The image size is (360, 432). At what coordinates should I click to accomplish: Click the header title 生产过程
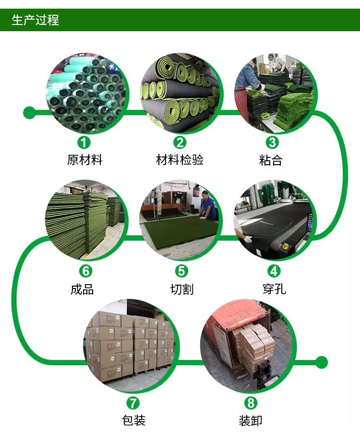35,20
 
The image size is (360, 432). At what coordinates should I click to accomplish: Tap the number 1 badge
84,142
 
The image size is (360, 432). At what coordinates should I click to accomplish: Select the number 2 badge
180,142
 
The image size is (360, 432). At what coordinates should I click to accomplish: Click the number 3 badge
272,142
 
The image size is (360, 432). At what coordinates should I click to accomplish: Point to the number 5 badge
181,271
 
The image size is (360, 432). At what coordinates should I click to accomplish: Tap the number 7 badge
133,403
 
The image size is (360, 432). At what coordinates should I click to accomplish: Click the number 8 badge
250,403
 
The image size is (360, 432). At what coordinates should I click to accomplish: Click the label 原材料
85,160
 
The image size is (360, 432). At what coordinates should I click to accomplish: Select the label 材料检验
180,160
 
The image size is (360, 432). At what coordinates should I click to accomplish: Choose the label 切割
182,289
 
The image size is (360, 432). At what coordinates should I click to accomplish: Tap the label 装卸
251,420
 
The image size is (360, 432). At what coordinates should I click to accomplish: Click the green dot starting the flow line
29,113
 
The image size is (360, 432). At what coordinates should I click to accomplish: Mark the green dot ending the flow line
322,362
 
